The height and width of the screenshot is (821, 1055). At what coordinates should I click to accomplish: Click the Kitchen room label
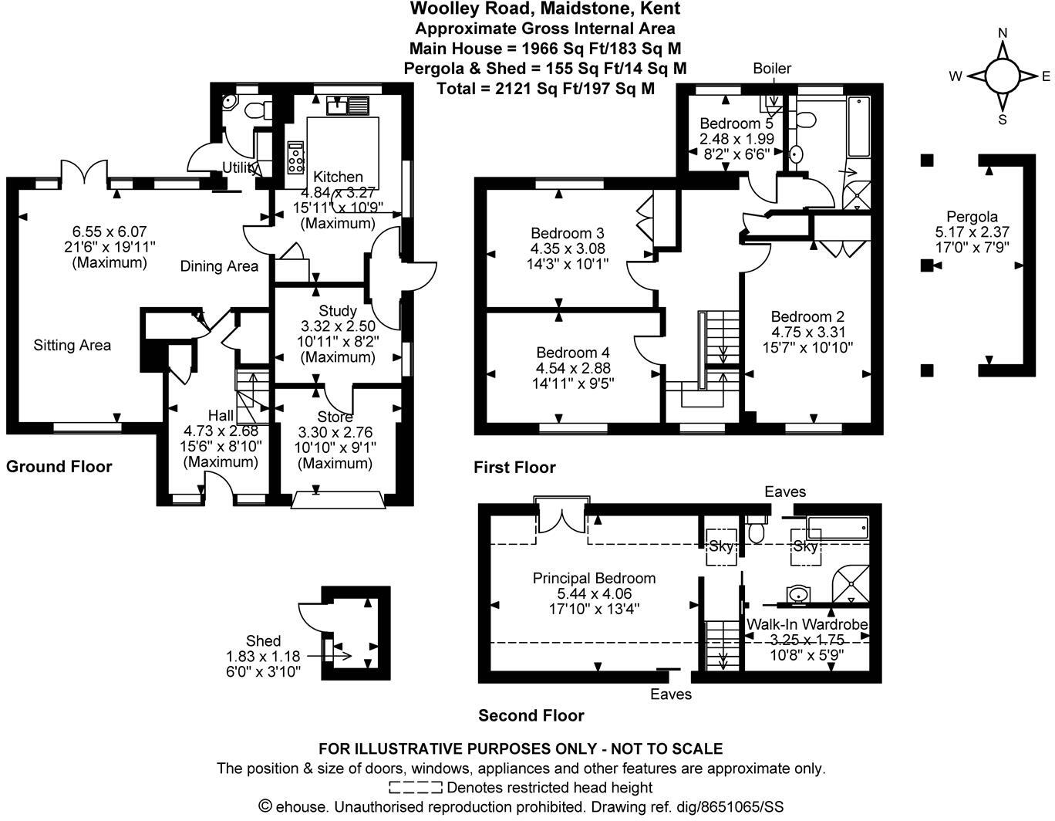click(x=338, y=177)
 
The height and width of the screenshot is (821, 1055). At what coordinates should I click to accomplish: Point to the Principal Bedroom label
click(x=594, y=578)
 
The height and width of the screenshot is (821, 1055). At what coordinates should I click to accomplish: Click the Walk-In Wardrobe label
click(x=807, y=624)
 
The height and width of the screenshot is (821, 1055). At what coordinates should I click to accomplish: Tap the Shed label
click(x=263, y=640)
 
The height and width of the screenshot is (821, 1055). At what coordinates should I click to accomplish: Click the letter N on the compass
click(x=1003, y=33)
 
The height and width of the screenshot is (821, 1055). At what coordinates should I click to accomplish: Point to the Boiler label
click(x=772, y=69)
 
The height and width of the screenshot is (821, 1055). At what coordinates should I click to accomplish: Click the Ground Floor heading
click(x=59, y=467)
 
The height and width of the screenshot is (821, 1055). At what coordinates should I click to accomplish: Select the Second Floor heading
click(x=531, y=715)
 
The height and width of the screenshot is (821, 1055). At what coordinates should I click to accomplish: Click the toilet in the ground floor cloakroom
click(x=255, y=110)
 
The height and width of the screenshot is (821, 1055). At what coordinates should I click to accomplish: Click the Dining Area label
click(x=219, y=267)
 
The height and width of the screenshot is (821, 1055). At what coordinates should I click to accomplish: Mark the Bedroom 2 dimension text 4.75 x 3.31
click(x=807, y=333)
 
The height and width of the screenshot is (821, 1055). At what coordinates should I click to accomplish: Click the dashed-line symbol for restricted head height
click(x=415, y=788)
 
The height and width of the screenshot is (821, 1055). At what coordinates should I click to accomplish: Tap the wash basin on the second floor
click(x=798, y=594)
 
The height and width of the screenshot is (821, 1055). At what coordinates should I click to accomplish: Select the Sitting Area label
click(x=72, y=346)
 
